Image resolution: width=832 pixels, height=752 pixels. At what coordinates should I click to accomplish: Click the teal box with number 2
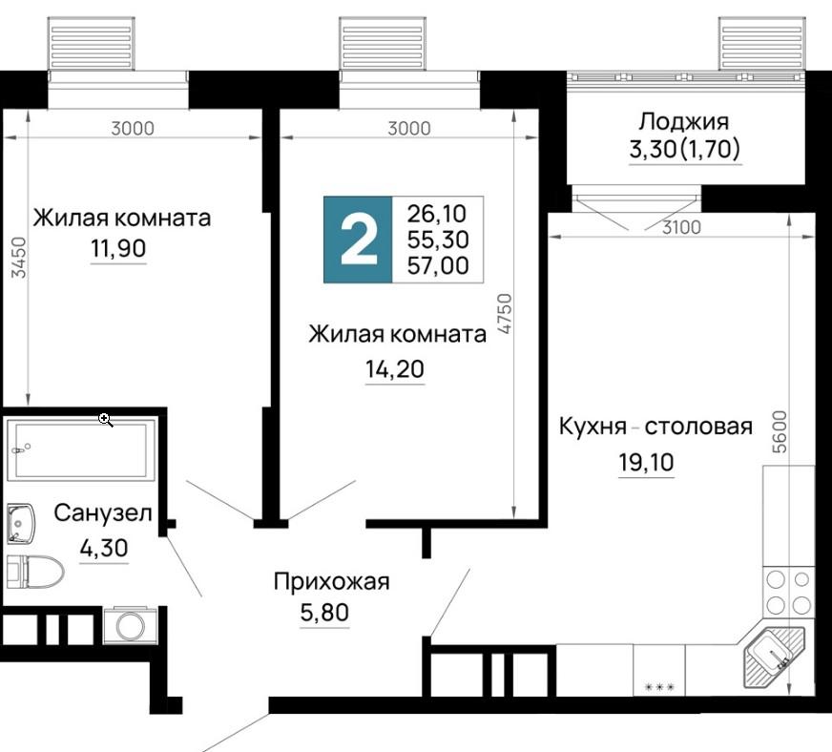tap(358, 240)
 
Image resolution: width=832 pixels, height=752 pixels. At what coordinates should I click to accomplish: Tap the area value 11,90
tap(118, 248)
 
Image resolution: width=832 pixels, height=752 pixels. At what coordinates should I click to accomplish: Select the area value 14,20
tap(395, 368)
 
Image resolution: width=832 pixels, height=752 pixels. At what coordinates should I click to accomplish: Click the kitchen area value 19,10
tap(646, 462)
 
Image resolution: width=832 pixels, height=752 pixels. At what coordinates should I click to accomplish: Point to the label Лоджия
tap(683, 122)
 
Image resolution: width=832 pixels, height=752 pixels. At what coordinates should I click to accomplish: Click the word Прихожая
tap(332, 582)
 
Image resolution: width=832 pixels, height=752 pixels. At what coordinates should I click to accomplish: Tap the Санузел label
tap(103, 513)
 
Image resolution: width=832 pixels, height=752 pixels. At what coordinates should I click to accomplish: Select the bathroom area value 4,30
tap(104, 548)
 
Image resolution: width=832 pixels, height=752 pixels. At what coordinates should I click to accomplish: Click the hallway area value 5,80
tap(324, 613)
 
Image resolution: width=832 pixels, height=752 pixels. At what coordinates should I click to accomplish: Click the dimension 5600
tap(780, 432)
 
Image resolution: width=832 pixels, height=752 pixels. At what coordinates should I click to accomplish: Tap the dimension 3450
tap(18, 258)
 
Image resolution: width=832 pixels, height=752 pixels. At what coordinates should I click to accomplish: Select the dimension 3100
tap(682, 228)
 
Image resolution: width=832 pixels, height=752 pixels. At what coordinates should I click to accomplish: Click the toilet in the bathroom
tap(34, 572)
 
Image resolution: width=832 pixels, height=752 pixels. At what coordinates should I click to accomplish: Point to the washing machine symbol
tap(130, 625)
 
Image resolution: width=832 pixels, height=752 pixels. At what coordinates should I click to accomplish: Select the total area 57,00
tap(438, 265)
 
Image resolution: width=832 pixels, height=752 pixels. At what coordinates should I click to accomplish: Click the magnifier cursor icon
tap(106, 420)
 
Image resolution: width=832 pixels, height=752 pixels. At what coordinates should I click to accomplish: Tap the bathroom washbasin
tap(21, 524)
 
